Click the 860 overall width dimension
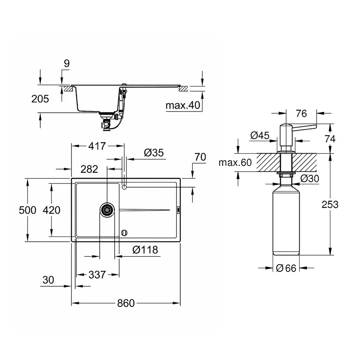pos(126,303)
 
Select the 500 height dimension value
pos(28,210)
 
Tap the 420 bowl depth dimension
pos(52,210)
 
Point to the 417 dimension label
pos(97,146)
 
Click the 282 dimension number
pos(89,169)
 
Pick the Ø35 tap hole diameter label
pos(154,152)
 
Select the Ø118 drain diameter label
pos(145,250)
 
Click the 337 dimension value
pos(97,275)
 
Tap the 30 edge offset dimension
pos(48,280)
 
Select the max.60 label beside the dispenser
pos(235,163)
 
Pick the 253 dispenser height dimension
pos(330,204)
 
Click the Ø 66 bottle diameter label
pos(286,268)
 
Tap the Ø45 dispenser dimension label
pos(260,136)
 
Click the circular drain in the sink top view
pos(107,210)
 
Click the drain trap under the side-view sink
pos(107,122)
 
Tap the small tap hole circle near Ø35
pos(124,186)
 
